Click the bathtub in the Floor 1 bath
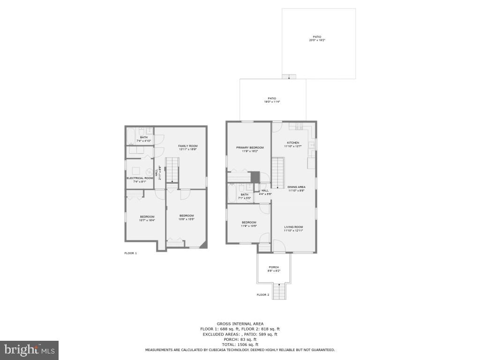coord(130,136)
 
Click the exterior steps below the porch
coord(279,292)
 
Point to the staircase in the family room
coord(172,170)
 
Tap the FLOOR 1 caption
coord(130,253)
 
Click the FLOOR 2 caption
coord(263,295)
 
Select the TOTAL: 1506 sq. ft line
coord(240,345)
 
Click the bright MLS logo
coord(29,350)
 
